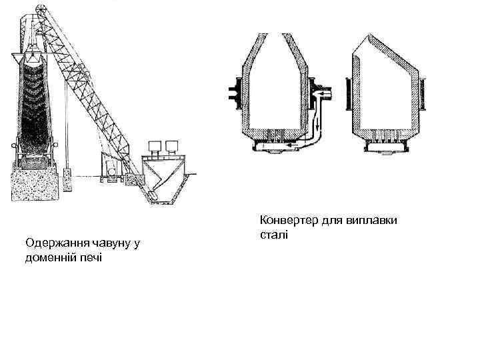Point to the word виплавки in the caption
[x=371, y=221]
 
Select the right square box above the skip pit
[x=173, y=147]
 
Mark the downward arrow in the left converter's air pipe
[x=318, y=123]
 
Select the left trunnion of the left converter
[x=234, y=91]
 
